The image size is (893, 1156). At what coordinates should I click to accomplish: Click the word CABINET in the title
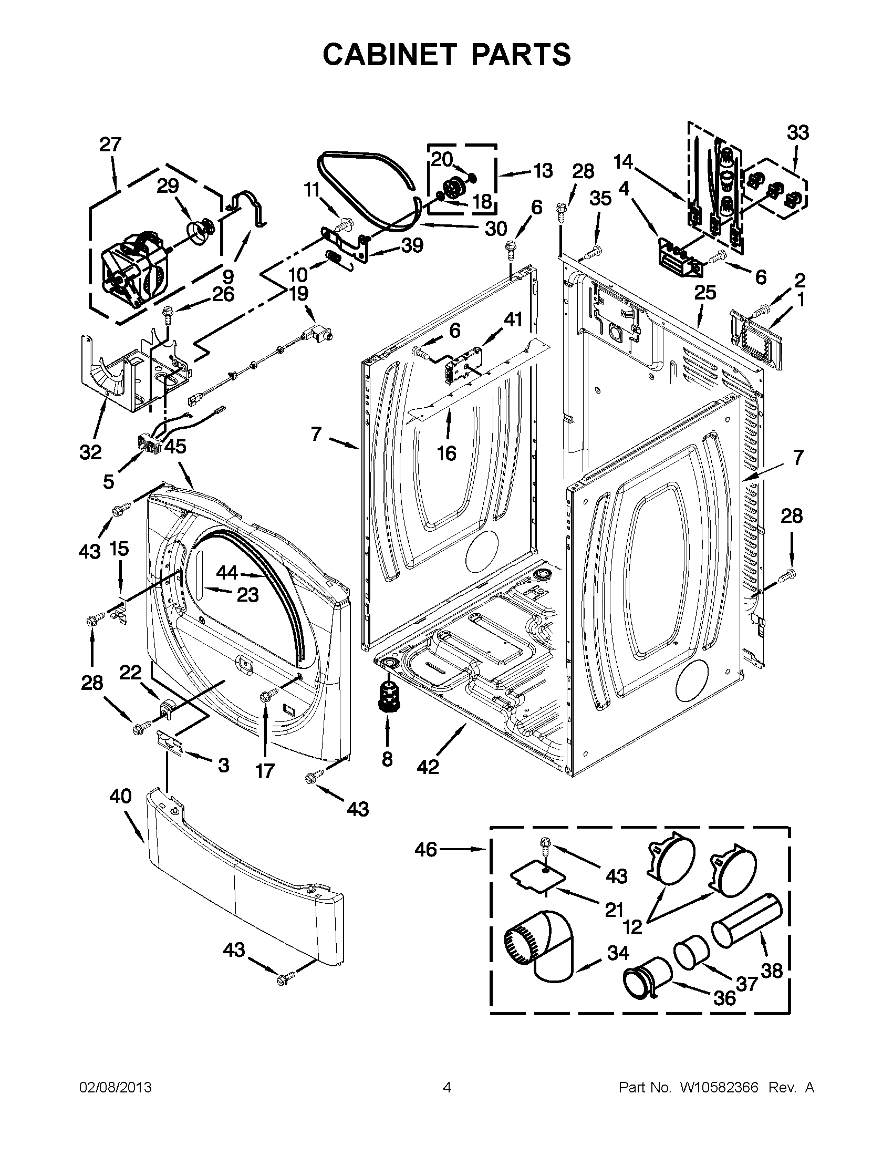389,55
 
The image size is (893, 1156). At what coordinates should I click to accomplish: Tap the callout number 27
110,145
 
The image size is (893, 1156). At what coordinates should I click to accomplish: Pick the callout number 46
426,850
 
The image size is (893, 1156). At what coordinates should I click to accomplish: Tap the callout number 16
446,453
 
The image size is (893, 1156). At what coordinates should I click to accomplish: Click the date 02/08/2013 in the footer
116,1087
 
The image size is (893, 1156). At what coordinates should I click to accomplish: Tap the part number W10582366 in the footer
719,1087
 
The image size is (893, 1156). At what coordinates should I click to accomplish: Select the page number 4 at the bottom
446,1087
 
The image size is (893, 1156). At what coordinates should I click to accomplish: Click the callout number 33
797,132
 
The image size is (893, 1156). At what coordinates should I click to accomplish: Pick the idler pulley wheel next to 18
453,189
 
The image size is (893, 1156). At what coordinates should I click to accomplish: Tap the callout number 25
704,292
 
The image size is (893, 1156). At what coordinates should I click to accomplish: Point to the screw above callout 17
266,695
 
